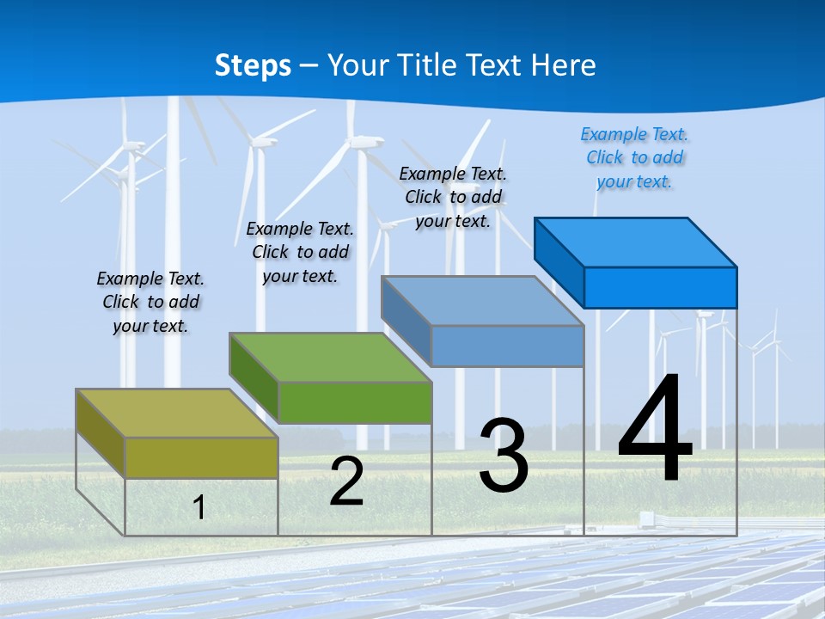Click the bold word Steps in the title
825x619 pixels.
(x=253, y=65)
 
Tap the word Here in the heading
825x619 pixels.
(x=564, y=65)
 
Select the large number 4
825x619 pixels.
(x=655, y=429)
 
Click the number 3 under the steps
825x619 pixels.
(x=504, y=457)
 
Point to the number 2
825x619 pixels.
(x=347, y=482)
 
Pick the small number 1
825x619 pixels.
(x=199, y=508)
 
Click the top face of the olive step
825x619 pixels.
(x=176, y=414)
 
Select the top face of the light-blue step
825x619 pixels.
(x=482, y=301)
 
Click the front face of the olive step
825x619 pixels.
(x=201, y=457)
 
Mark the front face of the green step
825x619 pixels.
(x=355, y=402)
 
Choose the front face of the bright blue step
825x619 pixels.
(x=660, y=287)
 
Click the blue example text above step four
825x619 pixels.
(x=634, y=158)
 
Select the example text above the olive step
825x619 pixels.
(x=150, y=303)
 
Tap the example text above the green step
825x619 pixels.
(x=300, y=253)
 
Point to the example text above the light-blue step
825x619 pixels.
(x=453, y=198)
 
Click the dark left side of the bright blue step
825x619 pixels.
(x=559, y=262)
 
